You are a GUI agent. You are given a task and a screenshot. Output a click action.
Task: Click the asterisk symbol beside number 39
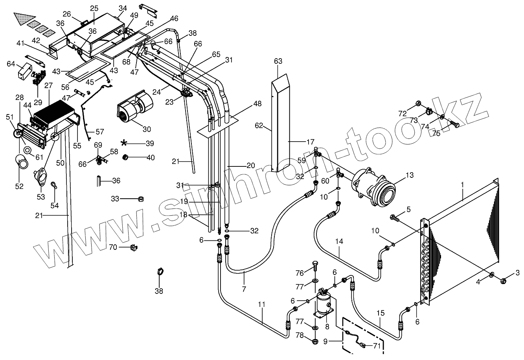125,142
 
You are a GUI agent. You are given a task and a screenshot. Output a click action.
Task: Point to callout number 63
278,61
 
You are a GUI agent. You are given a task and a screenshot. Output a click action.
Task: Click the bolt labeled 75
455,125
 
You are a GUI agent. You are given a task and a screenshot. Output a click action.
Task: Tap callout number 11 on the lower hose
262,304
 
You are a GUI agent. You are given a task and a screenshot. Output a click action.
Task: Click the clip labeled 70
134,247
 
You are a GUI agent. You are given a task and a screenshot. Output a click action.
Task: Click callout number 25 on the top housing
94,8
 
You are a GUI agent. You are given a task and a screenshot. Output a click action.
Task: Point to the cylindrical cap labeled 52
22,162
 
